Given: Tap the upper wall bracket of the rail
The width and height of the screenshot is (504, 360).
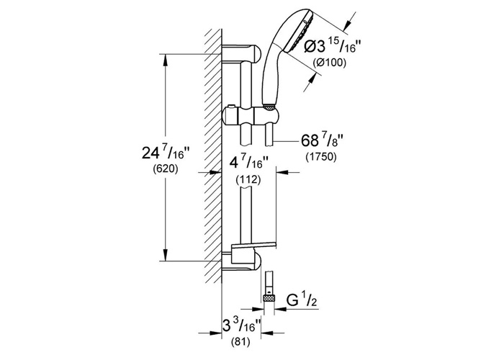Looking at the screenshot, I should [241, 53].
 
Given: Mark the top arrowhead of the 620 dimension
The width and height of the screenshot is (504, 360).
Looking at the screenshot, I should [168, 60].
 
